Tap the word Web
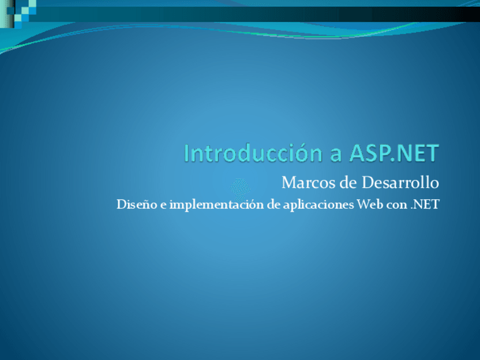pos(368,204)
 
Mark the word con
pos(395,205)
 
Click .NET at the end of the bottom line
pos(423,204)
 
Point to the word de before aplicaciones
pos(273,204)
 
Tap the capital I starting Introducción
pos(187,153)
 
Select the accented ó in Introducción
pos(295,153)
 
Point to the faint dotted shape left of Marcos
pos(240,186)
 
